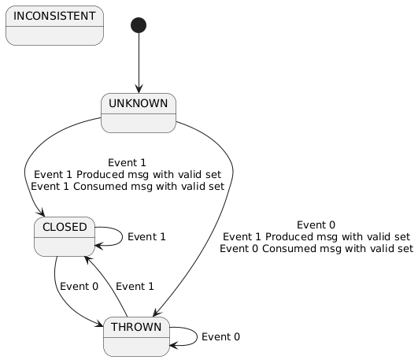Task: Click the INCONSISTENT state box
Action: (x=54, y=26)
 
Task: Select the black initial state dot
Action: (x=139, y=25)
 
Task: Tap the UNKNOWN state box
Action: (x=139, y=113)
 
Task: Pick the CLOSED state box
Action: (x=65, y=236)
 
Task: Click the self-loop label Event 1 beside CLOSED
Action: (x=146, y=236)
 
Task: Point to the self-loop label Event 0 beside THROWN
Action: (x=220, y=336)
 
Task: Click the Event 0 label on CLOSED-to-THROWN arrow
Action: (x=79, y=286)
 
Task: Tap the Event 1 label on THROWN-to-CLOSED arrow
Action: (x=135, y=286)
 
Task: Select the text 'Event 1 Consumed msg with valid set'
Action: (x=127, y=187)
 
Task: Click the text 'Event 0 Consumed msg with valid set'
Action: (x=316, y=248)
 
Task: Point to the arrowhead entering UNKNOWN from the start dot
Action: (x=139, y=90)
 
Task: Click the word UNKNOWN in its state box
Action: (x=139, y=103)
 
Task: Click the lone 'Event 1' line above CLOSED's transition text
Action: (x=127, y=161)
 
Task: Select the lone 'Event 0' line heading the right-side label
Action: (x=316, y=223)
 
